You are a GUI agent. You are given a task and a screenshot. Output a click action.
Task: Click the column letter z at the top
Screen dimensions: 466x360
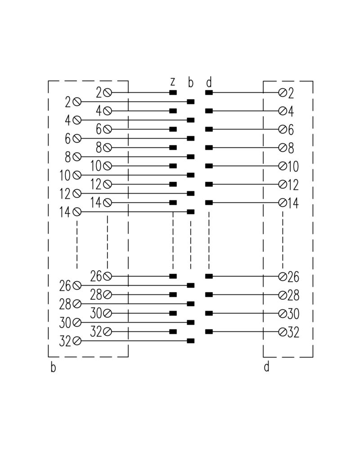pyautogui.click(x=172, y=82)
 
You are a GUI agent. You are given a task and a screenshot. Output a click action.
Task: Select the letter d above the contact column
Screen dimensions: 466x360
pyautogui.click(x=208, y=82)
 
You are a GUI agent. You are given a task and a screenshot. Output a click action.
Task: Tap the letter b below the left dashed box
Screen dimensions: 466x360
pyautogui.click(x=53, y=367)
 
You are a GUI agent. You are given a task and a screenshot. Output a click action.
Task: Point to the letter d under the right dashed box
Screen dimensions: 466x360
pyautogui.click(x=266, y=367)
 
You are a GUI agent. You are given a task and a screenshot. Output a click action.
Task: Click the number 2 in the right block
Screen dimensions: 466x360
pyautogui.click(x=290, y=93)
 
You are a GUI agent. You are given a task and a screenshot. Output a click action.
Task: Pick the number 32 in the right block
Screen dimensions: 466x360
pyautogui.click(x=293, y=332)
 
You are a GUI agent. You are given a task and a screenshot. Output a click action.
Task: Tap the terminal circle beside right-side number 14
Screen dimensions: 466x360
pyautogui.click(x=283, y=203)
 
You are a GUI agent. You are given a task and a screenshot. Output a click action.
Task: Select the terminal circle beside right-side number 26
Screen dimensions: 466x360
pyautogui.click(x=283, y=276)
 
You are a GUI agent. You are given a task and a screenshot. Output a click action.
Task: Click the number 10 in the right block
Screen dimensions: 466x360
pyautogui.click(x=293, y=166)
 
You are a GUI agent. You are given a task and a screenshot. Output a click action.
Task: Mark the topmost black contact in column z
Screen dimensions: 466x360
pyautogui.click(x=173, y=93)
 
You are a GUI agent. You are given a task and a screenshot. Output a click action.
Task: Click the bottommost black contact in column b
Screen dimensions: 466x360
pyautogui.click(x=191, y=341)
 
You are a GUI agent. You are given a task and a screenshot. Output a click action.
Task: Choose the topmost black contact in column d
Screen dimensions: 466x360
pyautogui.click(x=209, y=93)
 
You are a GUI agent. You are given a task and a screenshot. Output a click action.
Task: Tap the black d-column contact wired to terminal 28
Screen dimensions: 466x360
pyautogui.click(x=209, y=294)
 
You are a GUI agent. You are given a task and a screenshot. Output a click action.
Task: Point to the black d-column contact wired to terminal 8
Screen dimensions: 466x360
pyautogui.click(x=209, y=148)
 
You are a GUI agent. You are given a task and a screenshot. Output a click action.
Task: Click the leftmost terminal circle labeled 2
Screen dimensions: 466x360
pyautogui.click(x=77, y=102)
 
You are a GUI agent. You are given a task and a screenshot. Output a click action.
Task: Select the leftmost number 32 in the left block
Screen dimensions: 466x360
pyautogui.click(x=66, y=342)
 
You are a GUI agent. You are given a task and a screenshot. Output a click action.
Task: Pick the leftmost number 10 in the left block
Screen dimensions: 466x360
pyautogui.click(x=66, y=175)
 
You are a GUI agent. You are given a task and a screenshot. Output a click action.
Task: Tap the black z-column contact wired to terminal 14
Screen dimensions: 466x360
pyautogui.click(x=173, y=203)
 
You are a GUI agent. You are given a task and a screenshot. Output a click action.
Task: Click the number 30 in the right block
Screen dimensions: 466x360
pyautogui.click(x=293, y=313)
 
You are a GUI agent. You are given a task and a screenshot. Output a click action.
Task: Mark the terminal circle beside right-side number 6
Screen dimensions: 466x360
pyautogui.click(x=283, y=130)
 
